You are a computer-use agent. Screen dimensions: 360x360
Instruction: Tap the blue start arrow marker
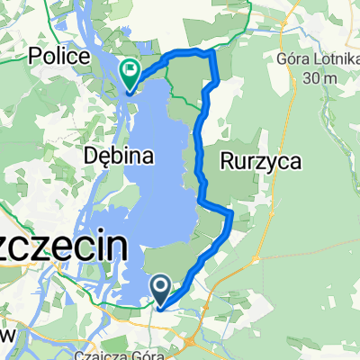pos(161,288)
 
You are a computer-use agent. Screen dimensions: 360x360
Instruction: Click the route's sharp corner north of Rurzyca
pos(213,54)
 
